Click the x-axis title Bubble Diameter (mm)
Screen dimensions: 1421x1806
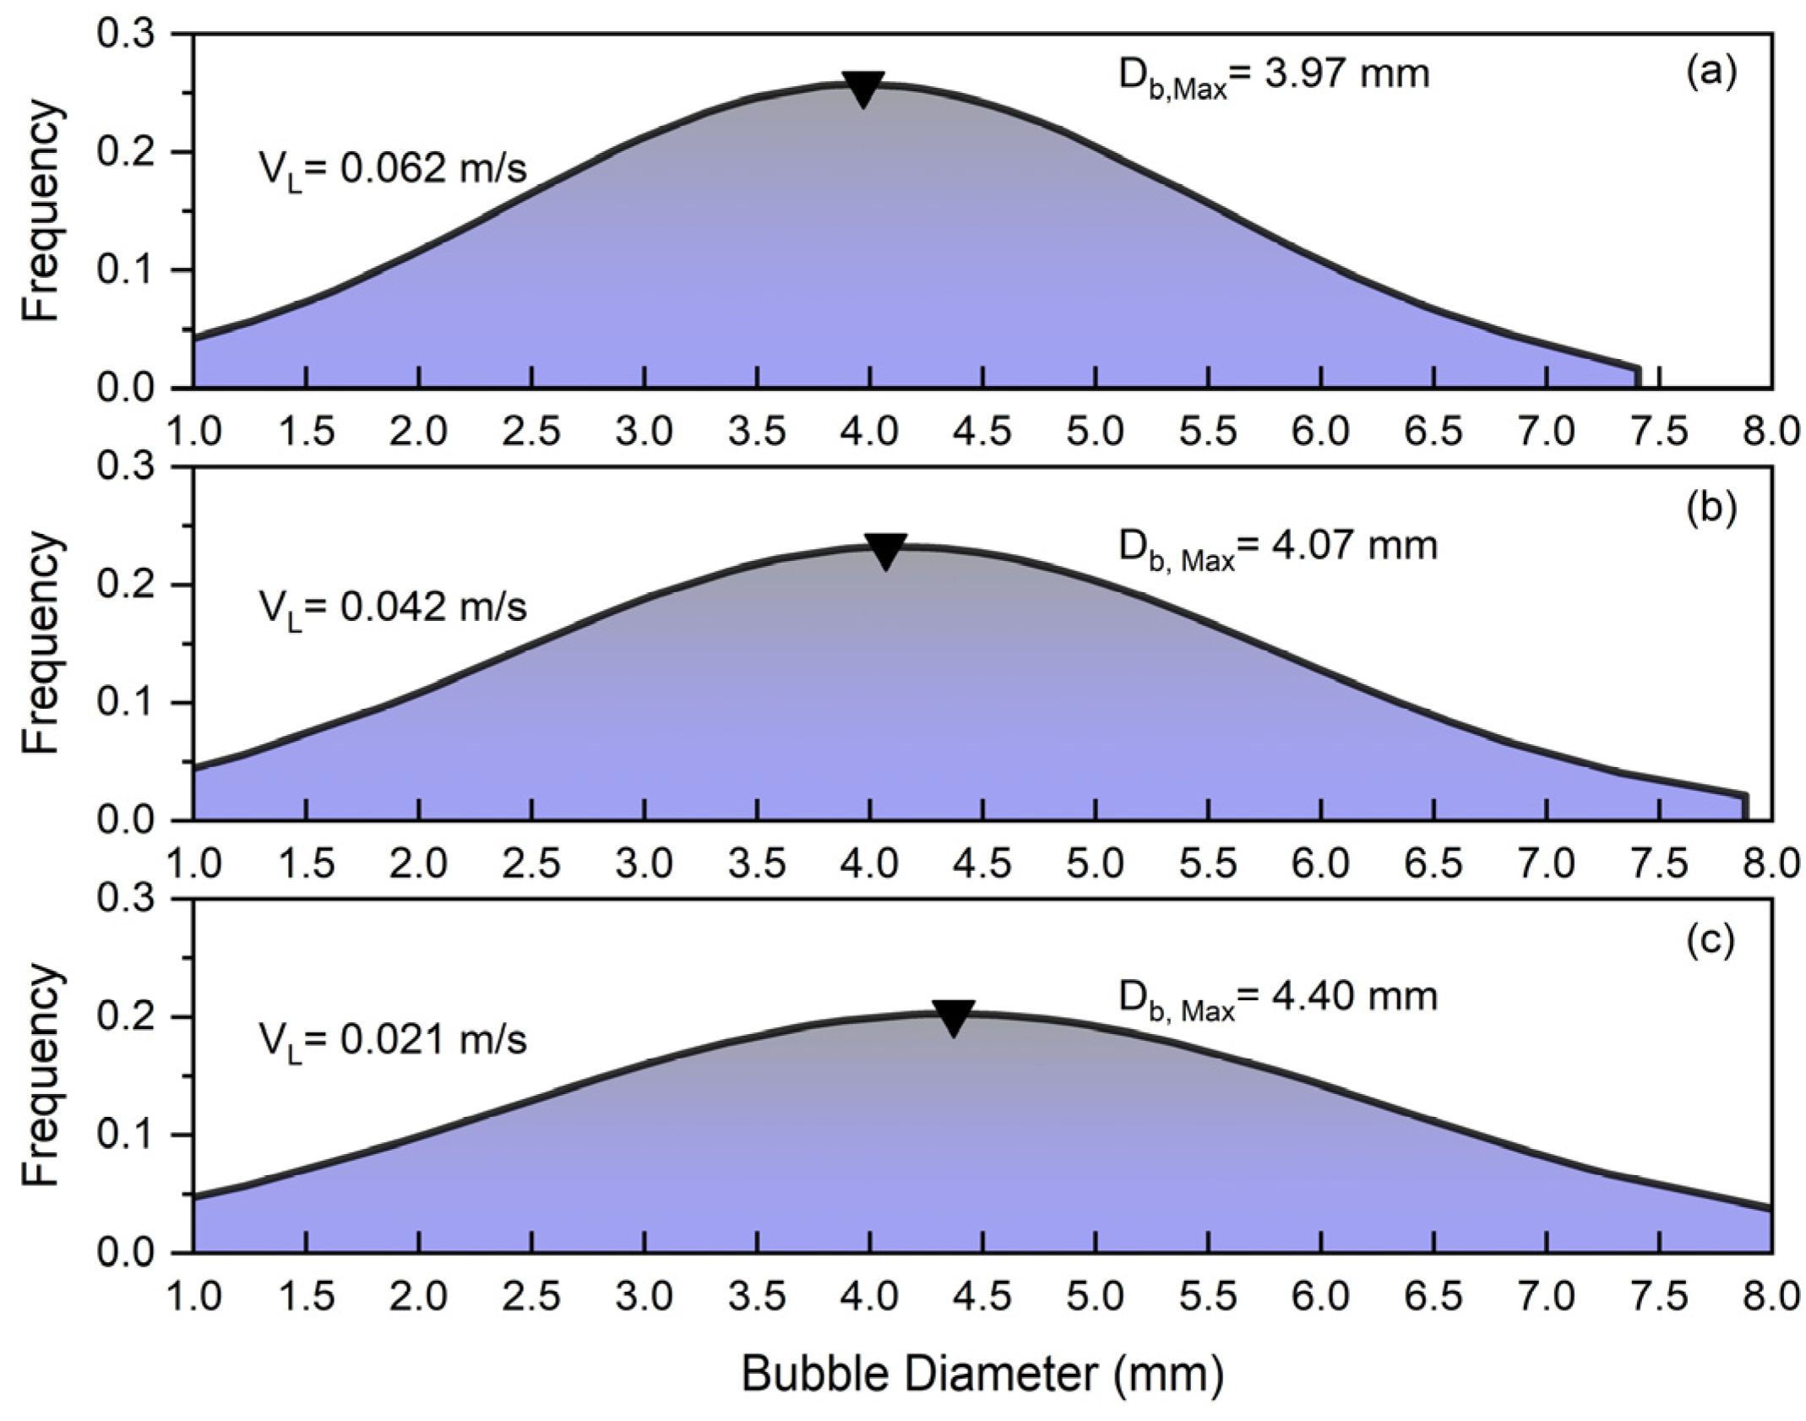pos(982,1375)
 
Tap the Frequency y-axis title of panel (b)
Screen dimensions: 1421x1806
pos(41,643)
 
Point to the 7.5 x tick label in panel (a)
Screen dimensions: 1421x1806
pos(1659,432)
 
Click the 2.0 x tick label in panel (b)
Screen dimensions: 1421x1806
pos(419,864)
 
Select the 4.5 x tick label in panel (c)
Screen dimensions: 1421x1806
pos(982,1297)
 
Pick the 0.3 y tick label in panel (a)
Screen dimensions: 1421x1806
pos(127,35)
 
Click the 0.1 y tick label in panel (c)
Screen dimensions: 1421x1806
pos(127,1135)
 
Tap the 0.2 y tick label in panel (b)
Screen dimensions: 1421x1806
pos(127,585)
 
